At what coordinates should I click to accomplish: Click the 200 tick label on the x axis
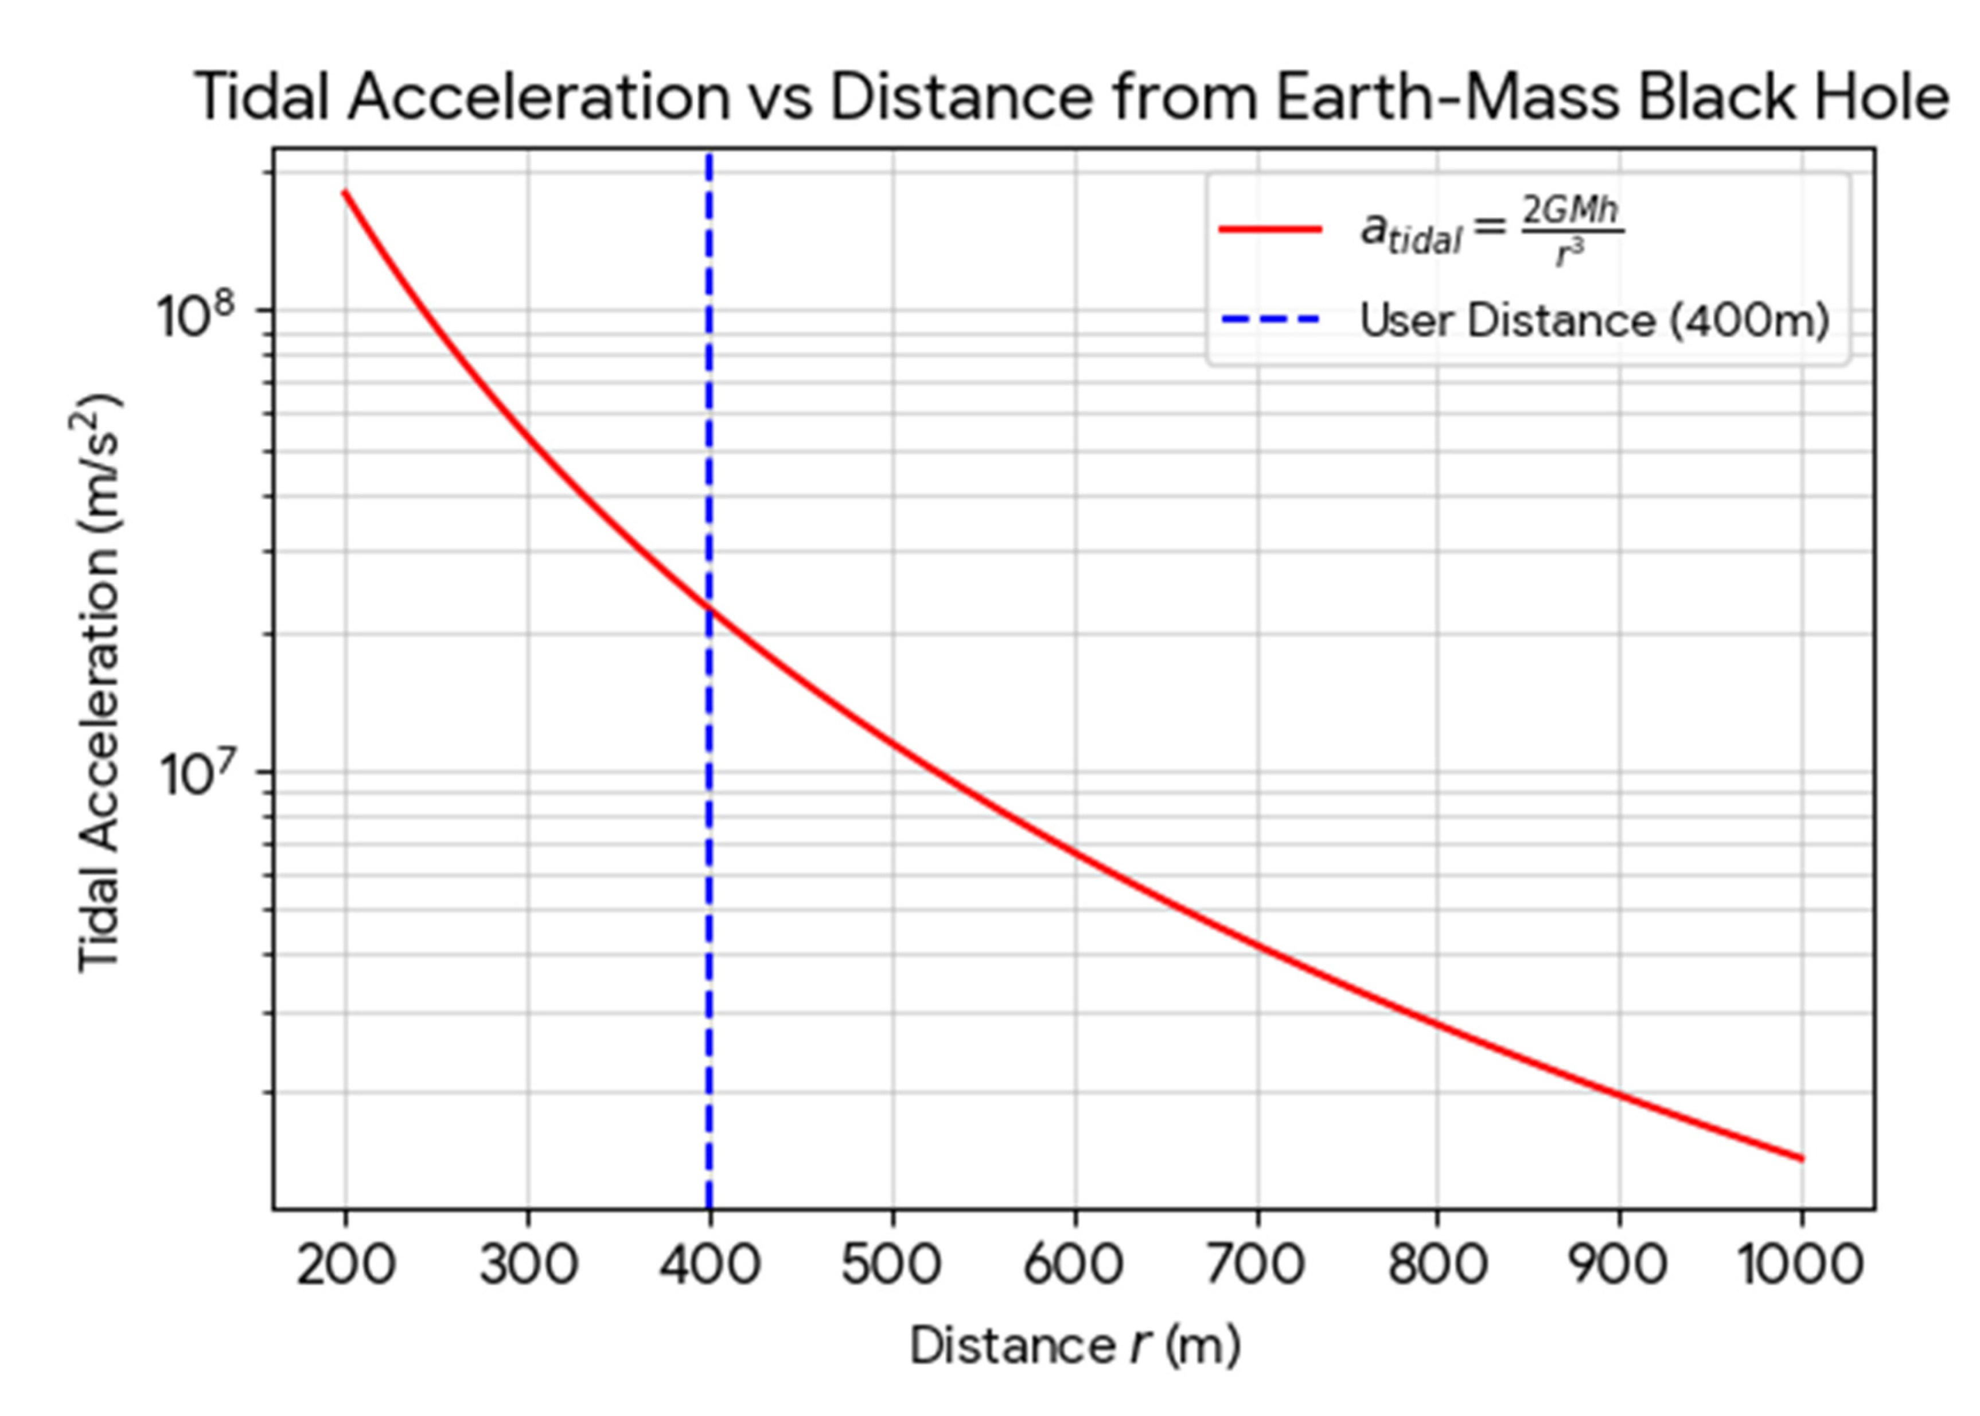(345, 1265)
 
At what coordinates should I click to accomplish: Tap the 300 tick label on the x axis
(528, 1265)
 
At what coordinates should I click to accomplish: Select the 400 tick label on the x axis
(710, 1265)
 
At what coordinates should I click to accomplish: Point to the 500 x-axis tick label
(891, 1265)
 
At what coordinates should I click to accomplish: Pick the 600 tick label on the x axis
(1074, 1265)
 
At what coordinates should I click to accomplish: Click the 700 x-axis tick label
(1256, 1265)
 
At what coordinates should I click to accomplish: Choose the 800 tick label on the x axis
(1438, 1265)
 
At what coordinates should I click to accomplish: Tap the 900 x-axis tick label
(1619, 1265)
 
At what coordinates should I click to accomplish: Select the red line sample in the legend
(1270, 229)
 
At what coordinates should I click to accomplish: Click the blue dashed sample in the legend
(1270, 320)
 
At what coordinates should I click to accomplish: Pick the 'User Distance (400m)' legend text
(1594, 321)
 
